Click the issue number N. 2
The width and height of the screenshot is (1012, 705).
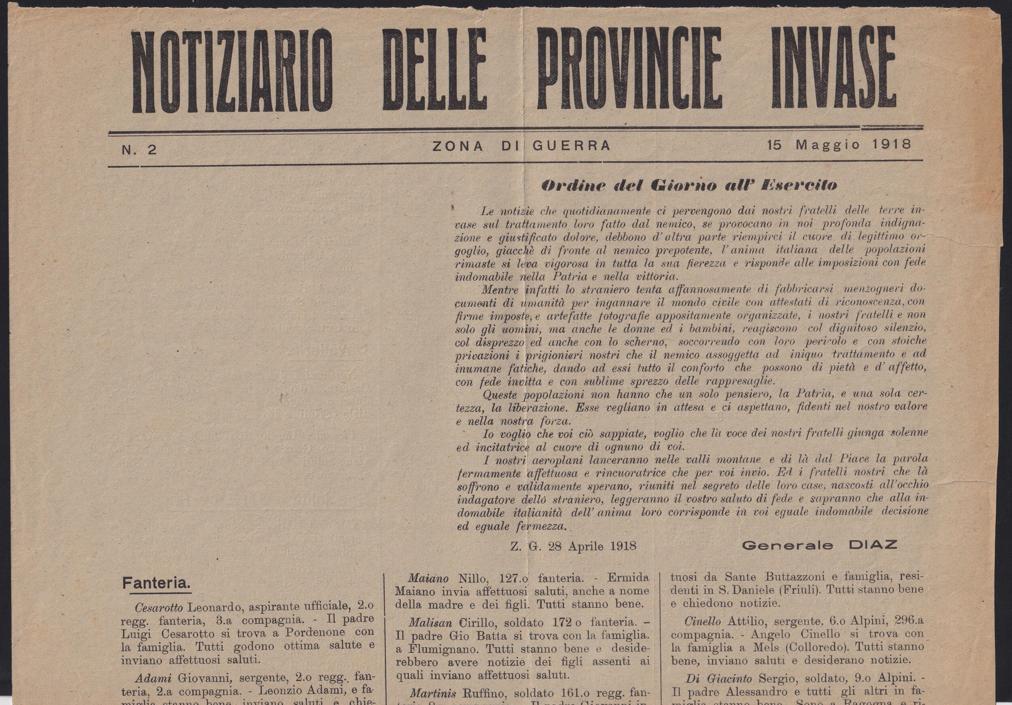[x=139, y=150]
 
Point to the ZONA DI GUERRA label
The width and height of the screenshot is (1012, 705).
[x=521, y=146]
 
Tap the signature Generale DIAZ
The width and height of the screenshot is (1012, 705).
[x=819, y=545]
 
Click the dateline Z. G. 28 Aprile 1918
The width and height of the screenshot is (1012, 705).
[x=573, y=546]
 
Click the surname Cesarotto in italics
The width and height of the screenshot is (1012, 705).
[x=159, y=608]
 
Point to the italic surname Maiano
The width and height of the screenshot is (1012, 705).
[x=428, y=578]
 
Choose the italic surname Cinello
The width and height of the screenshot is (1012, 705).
[x=703, y=621]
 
